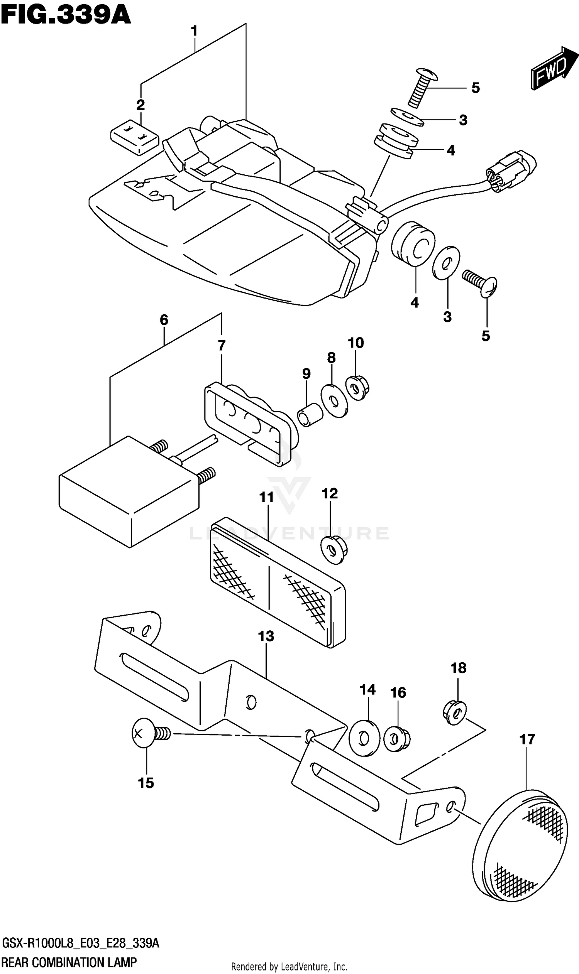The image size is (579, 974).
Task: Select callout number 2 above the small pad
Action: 141,105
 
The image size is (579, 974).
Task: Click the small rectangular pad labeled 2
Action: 135,137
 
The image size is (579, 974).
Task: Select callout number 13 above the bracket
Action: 266,636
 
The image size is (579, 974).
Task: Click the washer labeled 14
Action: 364,738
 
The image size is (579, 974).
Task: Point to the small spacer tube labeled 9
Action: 311,416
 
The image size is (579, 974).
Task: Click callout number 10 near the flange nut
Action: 356,343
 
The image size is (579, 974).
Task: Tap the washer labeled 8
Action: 334,401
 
